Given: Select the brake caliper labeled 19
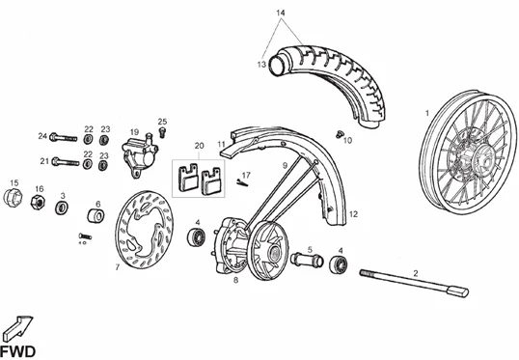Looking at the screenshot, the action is tap(140, 155).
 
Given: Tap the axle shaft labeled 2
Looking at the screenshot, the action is tap(414, 283).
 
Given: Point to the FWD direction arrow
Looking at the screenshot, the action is tap(18, 327).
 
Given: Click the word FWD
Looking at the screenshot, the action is tap(18, 351).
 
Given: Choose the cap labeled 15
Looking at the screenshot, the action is tap(13, 198).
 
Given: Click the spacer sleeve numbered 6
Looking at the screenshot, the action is tap(96, 215).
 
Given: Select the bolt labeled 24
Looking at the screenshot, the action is tap(64, 137).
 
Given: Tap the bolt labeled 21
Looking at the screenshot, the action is tap(66, 162).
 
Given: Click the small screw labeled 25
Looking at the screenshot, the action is tap(162, 132).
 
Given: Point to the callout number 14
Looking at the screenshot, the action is tap(281, 13).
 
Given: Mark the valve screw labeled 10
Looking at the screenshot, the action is tap(339, 134).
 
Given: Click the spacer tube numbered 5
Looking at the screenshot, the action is tap(307, 260).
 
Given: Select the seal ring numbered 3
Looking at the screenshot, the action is tap(62, 208).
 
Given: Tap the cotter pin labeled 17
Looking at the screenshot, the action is tap(242, 182).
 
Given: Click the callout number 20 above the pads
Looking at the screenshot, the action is tap(199, 146).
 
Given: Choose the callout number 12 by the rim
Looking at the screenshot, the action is tap(353, 214).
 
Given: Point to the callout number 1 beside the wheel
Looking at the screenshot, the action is tap(427, 113).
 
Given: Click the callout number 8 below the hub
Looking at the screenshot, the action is tap(235, 280).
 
